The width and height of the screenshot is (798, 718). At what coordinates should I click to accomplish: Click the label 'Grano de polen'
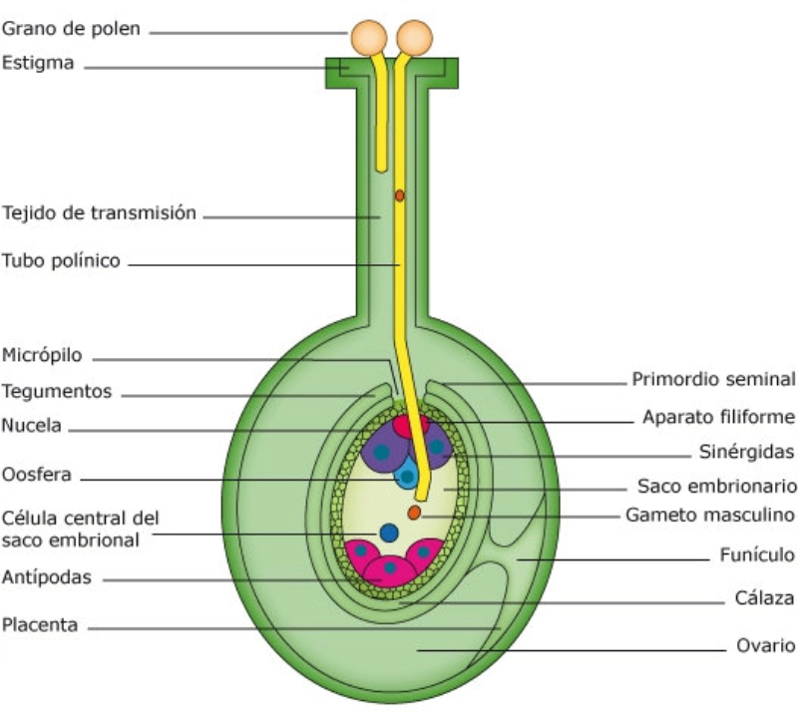[71, 29]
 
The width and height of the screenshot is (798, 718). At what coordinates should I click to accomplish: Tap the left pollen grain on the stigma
[366, 38]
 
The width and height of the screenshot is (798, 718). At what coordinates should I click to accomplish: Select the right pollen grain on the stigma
[415, 38]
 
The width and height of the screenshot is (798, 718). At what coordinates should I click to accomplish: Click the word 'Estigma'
[38, 65]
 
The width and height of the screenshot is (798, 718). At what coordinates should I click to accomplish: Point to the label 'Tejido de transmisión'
[99, 212]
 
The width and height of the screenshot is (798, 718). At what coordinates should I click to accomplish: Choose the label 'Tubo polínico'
[61, 261]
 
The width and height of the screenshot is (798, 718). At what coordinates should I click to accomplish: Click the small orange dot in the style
[399, 196]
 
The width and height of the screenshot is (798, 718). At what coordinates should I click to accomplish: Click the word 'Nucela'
[32, 426]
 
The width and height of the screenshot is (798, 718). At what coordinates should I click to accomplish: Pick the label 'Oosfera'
[36, 475]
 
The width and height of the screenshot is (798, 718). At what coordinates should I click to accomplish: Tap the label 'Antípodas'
[48, 576]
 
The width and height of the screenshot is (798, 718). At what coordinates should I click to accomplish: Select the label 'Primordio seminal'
[713, 379]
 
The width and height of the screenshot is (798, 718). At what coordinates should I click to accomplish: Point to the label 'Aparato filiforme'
[718, 416]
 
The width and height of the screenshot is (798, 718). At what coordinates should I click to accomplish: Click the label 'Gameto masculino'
[709, 516]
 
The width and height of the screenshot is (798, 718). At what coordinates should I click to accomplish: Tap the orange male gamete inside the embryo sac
[414, 513]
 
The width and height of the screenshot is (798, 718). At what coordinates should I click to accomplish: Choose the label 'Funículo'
[757, 554]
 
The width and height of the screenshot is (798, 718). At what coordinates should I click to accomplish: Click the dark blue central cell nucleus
[389, 533]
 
